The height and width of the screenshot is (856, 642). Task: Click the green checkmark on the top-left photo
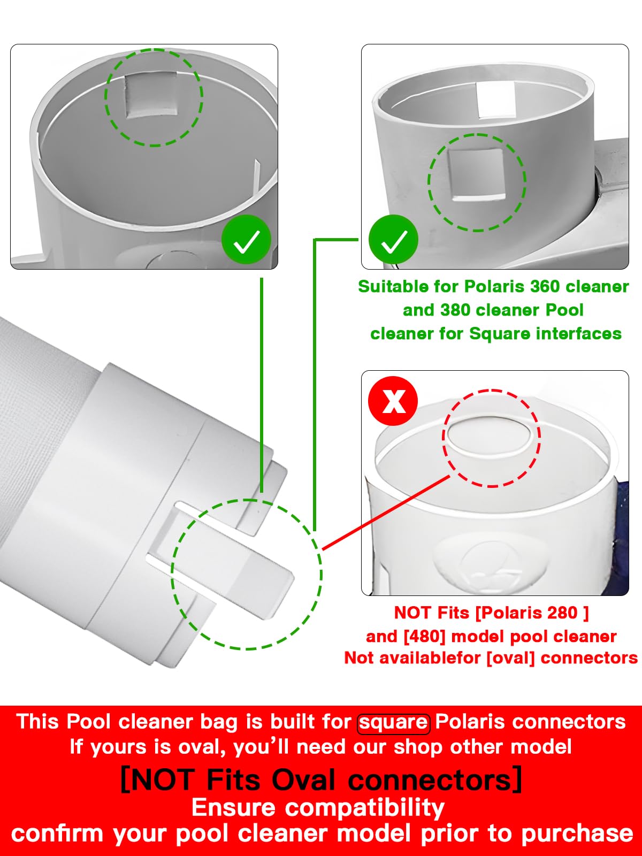[246, 240]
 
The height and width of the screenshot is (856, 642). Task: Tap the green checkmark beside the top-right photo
[393, 240]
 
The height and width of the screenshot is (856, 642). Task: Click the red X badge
[393, 401]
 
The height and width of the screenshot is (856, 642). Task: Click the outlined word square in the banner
[394, 722]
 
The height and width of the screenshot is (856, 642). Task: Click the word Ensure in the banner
[233, 807]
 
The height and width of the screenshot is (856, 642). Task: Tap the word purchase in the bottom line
[577, 834]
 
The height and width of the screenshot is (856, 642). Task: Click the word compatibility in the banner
[365, 808]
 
